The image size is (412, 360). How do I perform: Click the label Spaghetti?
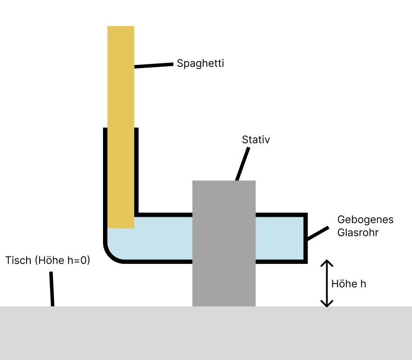pos(200,63)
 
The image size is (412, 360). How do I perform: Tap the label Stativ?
pos(256,139)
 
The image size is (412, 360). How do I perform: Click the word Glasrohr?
pos(357,232)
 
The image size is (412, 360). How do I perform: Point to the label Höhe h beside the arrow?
pos(349,284)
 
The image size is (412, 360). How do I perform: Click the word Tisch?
pos(18,260)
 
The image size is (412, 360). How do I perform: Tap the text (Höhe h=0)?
pos(62,260)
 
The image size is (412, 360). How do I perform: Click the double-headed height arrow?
pos(327,283)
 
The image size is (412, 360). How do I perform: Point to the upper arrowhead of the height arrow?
pos(327,263)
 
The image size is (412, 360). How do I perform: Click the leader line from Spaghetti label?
pos(154,65)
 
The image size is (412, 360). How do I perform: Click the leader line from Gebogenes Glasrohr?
pos(317,234)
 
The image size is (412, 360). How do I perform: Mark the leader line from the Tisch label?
pos(52,289)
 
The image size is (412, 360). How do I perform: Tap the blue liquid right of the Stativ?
pos(280,237)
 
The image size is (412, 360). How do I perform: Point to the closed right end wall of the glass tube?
pos(305,238)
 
